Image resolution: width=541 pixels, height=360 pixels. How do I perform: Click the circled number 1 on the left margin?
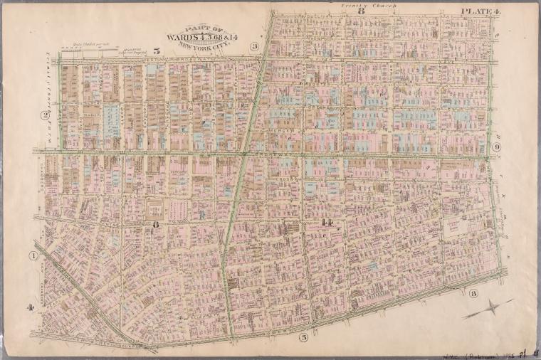33,255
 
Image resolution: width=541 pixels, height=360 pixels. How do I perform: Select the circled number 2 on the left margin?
44,115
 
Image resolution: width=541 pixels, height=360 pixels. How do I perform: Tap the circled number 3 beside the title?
253,46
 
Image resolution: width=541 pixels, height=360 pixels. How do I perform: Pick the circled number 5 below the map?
303,337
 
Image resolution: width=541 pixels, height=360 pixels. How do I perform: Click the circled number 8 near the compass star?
473,292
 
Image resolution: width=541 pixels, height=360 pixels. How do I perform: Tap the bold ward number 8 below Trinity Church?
361,11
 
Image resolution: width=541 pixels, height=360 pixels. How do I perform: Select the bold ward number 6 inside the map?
154,224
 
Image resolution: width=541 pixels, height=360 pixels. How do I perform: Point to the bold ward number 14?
327,223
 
